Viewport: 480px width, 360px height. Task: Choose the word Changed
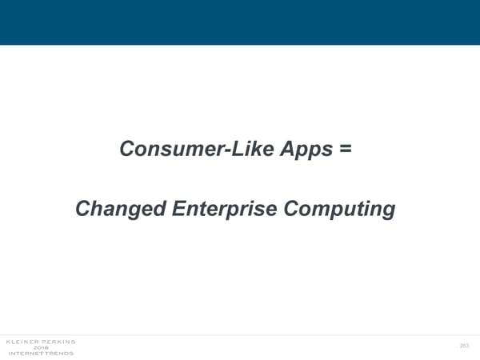118,209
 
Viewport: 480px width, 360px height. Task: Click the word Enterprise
223,209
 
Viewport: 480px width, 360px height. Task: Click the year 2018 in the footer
40,348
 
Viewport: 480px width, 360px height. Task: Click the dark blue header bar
240,22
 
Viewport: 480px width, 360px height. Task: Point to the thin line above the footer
240,334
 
